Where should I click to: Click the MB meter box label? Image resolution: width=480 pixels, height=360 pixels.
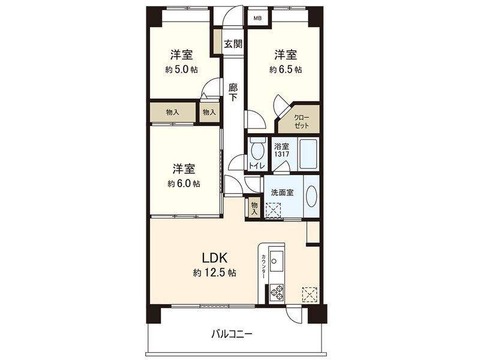(x=258, y=19)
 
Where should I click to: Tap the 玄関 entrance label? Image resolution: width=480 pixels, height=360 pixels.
(x=233, y=44)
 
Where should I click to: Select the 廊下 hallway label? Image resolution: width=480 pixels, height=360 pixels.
(x=233, y=92)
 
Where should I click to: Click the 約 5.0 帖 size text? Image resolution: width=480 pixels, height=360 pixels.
(x=182, y=70)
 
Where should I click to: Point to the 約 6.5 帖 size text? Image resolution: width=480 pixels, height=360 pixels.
(x=286, y=70)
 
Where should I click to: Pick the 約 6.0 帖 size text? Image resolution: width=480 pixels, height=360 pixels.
(x=184, y=184)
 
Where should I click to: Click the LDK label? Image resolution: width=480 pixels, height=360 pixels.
(x=215, y=258)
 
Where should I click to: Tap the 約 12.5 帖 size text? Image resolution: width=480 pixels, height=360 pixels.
(x=215, y=273)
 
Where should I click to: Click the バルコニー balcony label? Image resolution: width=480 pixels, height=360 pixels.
(x=232, y=334)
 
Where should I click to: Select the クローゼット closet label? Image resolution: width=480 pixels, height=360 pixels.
(x=302, y=122)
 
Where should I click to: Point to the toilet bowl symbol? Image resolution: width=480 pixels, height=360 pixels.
(x=257, y=149)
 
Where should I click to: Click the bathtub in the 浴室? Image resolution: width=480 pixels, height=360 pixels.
(x=308, y=154)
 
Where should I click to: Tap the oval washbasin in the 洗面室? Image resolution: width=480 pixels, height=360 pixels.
(x=312, y=196)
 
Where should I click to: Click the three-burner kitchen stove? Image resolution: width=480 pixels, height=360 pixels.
(x=277, y=292)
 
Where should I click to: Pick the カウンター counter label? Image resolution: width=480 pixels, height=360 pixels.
(x=263, y=266)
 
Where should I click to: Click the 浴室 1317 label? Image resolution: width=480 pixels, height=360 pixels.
(x=281, y=151)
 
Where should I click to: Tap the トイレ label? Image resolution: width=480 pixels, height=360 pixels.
(x=257, y=166)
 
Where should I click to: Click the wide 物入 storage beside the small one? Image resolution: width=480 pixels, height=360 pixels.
(x=173, y=112)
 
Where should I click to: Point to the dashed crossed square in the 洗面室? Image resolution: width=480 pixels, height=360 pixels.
(x=273, y=211)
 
